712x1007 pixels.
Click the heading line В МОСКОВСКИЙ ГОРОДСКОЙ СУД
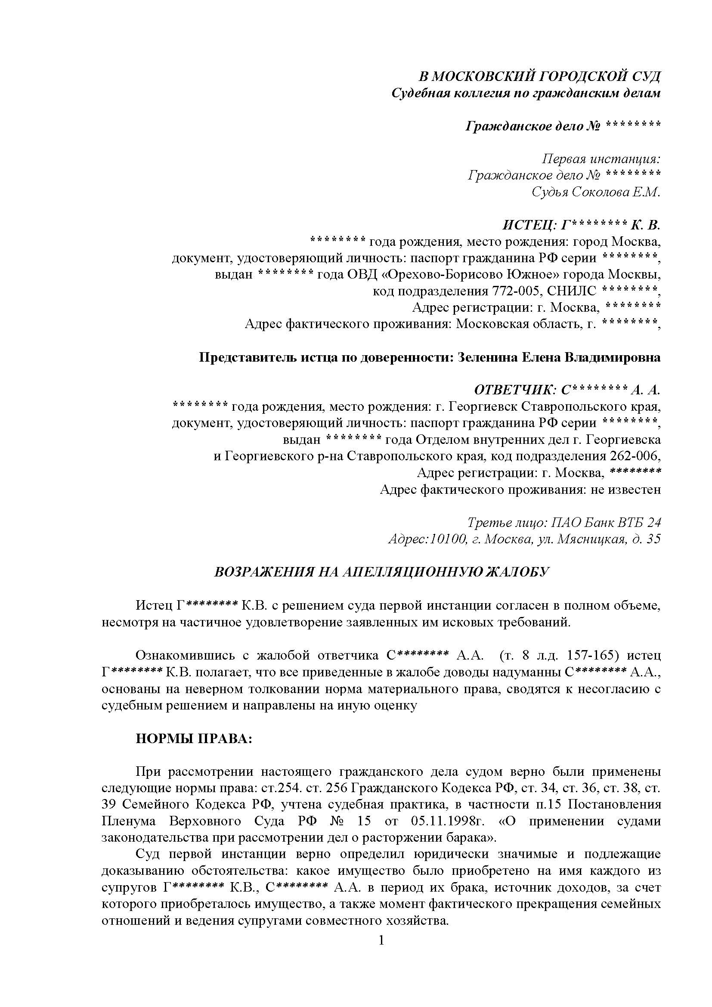(539, 77)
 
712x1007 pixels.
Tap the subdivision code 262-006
(635, 456)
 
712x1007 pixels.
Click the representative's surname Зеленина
(486, 357)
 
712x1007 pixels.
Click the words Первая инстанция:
(601, 158)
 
